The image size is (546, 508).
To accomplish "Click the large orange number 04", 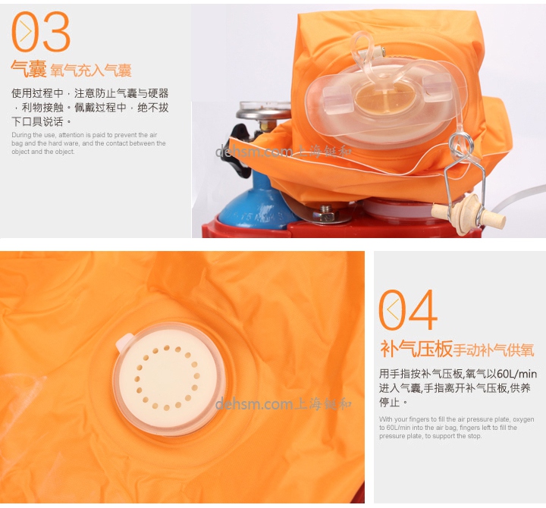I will click(409, 309).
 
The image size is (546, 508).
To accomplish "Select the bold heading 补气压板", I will click(416, 350).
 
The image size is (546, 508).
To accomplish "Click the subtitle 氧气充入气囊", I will click(91, 71).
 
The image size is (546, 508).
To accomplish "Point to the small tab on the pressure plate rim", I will click(121, 344).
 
